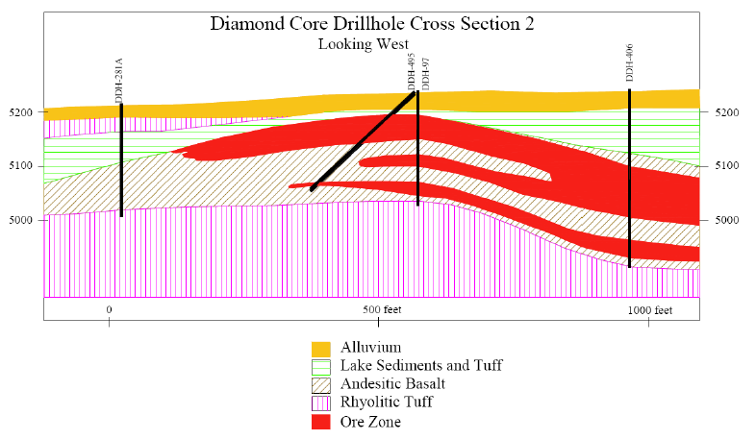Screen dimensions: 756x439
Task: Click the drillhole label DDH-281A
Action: tap(119, 81)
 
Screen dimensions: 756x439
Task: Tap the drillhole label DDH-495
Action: tap(411, 72)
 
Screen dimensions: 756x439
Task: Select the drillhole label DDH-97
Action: tap(425, 74)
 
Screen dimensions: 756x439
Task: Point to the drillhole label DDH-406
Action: tap(629, 63)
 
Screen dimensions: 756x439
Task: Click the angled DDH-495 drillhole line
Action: tap(363, 140)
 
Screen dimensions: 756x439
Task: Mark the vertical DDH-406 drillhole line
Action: tap(630, 178)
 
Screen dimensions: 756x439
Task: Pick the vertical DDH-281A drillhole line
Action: tap(121, 160)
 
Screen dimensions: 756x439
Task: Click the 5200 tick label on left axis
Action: tap(21, 112)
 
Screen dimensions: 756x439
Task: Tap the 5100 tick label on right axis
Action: tap(726, 165)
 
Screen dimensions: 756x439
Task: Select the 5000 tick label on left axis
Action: tap(21, 221)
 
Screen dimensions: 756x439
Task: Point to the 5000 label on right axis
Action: tap(726, 220)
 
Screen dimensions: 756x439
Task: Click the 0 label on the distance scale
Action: tap(109, 309)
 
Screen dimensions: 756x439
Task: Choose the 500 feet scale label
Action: tap(382, 309)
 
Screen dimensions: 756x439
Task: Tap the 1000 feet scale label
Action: tap(649, 310)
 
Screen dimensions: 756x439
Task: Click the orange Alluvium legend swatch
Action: tap(320, 349)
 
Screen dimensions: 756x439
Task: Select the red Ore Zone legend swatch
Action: tap(320, 422)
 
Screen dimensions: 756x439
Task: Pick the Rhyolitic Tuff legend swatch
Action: tap(320, 402)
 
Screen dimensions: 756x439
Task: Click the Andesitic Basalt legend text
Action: tap(392, 383)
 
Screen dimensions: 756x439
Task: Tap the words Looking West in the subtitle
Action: tap(364, 44)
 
